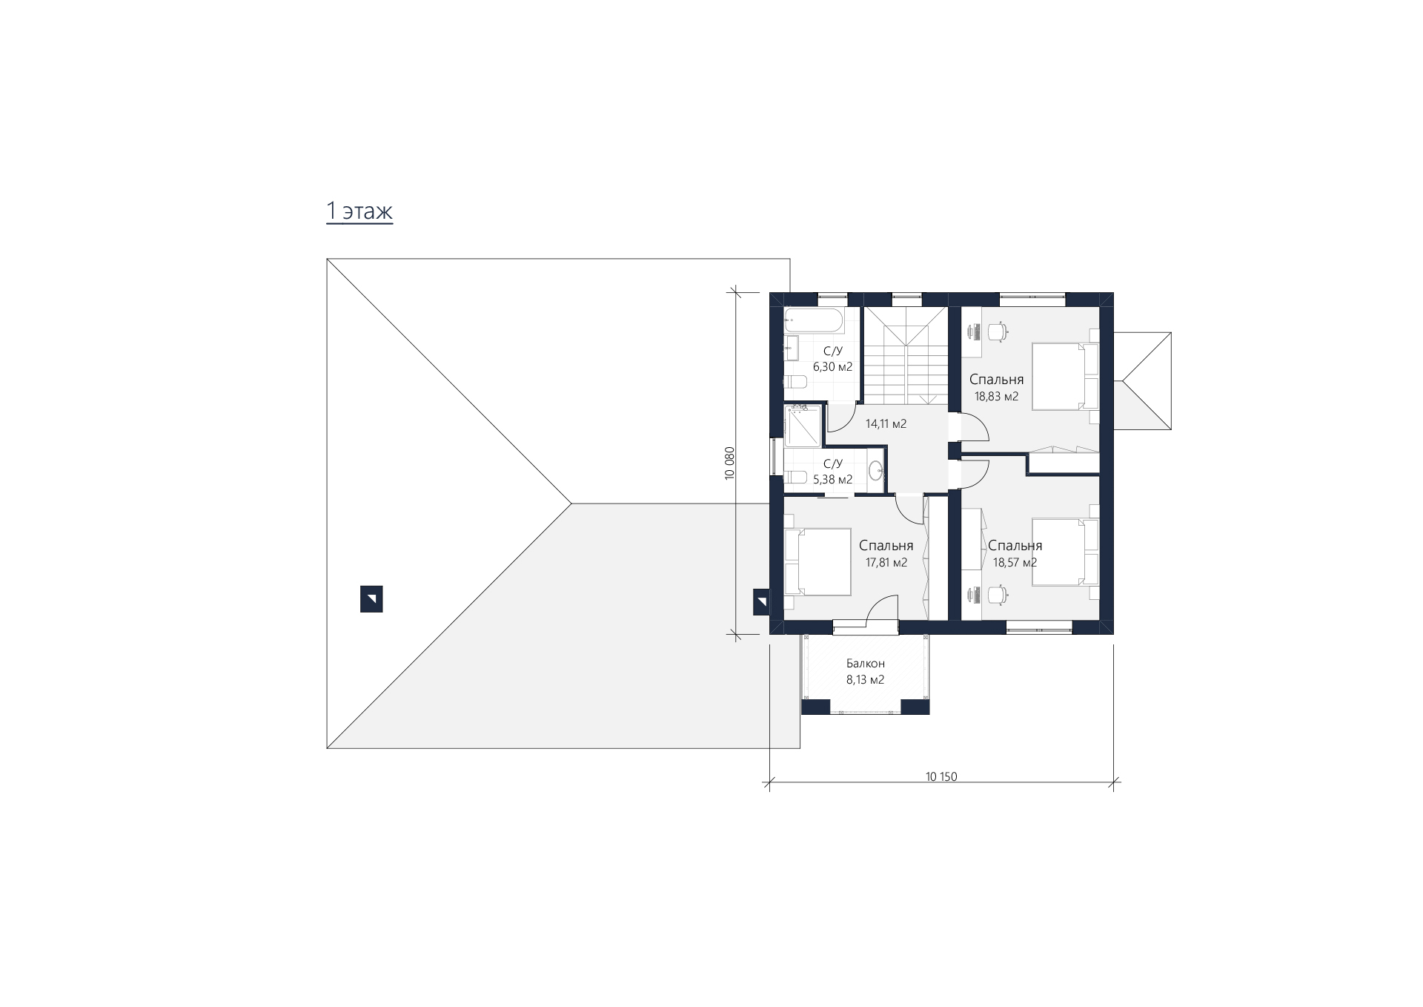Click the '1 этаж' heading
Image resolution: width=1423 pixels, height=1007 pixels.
tap(359, 211)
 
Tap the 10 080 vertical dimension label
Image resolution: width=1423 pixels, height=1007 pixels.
tap(729, 463)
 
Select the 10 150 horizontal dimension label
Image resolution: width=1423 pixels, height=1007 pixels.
tap(941, 777)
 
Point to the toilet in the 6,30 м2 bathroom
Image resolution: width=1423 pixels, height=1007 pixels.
tap(795, 383)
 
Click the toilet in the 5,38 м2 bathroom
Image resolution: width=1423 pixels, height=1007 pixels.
tap(796, 478)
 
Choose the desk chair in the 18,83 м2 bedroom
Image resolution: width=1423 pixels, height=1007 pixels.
tap(998, 331)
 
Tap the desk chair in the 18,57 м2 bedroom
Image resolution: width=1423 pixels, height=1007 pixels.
tap(998, 594)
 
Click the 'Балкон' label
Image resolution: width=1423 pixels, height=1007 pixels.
tap(866, 664)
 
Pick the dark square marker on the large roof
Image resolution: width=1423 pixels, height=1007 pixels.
tap(371, 599)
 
